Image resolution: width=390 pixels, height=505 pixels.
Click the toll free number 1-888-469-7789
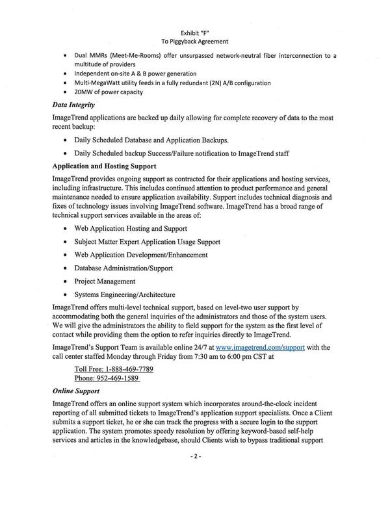point(114,369)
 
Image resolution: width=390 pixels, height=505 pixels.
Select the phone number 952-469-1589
point(107,378)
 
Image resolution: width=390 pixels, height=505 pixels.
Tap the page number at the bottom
point(195,456)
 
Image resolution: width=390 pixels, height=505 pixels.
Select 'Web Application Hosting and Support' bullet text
point(131,228)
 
